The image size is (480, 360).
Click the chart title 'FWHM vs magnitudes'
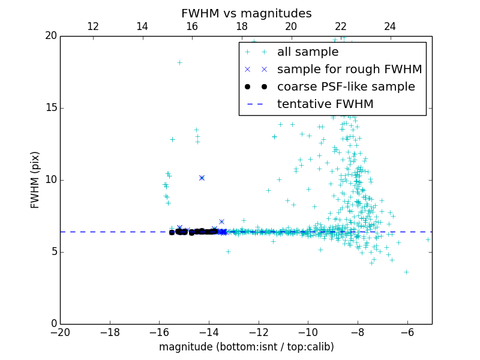click(246, 13)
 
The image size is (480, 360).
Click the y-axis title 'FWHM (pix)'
click(35, 179)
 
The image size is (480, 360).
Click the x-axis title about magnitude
click(246, 347)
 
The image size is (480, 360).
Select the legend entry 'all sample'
click(308, 52)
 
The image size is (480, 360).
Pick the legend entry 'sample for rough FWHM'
click(349, 70)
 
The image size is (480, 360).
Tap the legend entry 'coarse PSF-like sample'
click(346, 87)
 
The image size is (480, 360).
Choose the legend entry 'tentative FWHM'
click(325, 104)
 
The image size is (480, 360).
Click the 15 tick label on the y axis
click(50, 108)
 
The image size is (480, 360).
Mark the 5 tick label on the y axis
click(53, 252)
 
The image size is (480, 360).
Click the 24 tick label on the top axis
click(390, 26)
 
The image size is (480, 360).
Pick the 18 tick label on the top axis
click(241, 26)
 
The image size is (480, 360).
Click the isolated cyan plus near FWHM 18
click(179, 62)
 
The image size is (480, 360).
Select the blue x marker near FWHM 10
click(202, 178)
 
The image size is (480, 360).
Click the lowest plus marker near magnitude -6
click(406, 272)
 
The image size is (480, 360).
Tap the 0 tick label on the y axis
click(53, 324)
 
